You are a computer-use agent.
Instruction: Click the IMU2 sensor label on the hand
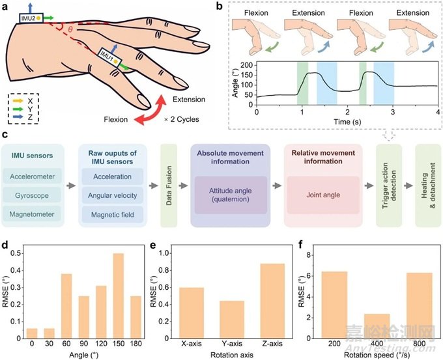point(28,18)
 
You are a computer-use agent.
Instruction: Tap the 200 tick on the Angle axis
point(246,66)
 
